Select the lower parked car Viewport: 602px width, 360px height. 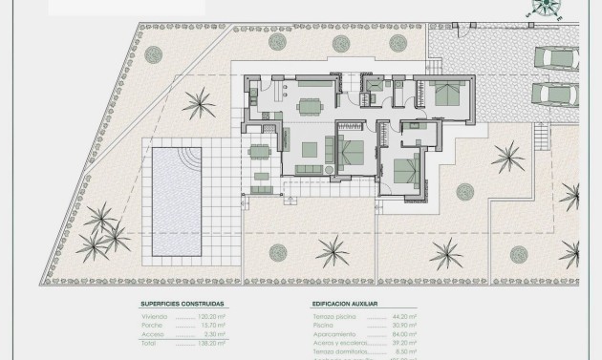click(555, 94)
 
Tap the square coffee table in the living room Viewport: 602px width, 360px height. click(311, 149)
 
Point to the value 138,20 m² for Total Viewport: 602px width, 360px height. click(213, 343)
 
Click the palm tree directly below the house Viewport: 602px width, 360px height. click(333, 252)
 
